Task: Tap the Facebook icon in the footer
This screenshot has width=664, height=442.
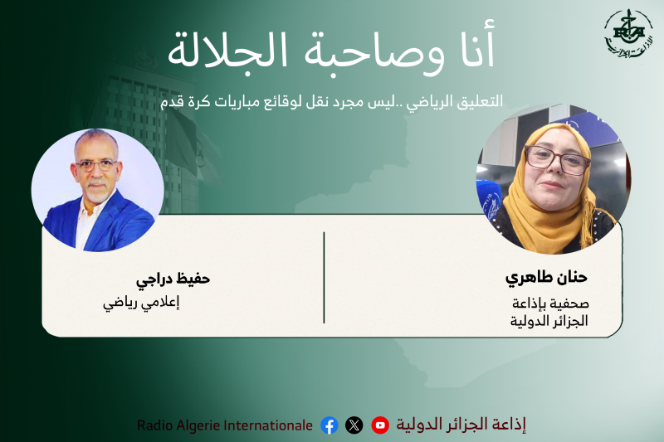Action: [330, 425]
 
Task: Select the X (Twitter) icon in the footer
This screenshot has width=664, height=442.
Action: [354, 425]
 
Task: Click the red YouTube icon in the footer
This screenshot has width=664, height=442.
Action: [380, 425]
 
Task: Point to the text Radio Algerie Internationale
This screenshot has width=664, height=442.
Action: [225, 425]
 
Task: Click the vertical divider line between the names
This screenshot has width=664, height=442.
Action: [324, 278]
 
